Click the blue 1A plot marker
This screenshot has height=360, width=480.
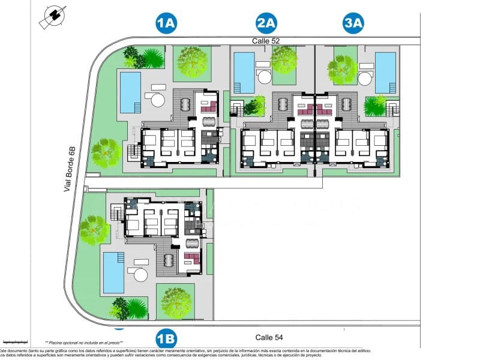coord(166,23)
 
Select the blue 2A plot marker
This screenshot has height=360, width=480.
coord(266,23)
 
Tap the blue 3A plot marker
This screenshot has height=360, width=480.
coord(353,23)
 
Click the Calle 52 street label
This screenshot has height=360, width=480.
coord(266,41)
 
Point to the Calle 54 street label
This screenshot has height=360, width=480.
coord(269,337)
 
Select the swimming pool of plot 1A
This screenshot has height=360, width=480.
coord(130,92)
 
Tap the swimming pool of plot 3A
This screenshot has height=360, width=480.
coord(385,73)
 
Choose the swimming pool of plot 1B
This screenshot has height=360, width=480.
coord(113,272)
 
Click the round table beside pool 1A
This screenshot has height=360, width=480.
coord(158,100)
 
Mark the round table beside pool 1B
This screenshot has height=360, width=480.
coord(140,275)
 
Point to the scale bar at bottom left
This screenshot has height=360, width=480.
coord(15,340)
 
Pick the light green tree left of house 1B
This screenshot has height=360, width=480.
coord(94,230)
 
